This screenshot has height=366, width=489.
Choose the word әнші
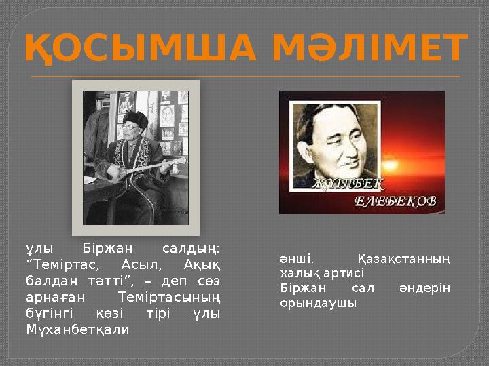tap(297, 259)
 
